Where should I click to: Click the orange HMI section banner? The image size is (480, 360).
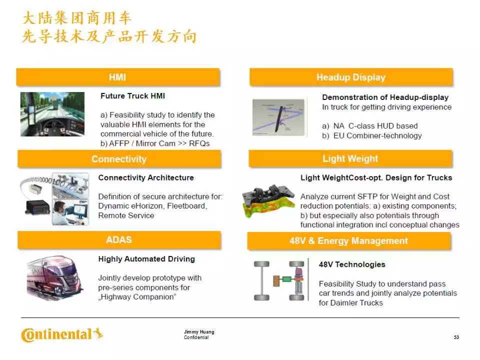click(x=118, y=77)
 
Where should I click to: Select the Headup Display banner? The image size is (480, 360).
click(x=351, y=77)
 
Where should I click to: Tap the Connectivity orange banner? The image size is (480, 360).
click(x=119, y=159)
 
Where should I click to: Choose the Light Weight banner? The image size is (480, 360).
click(x=350, y=158)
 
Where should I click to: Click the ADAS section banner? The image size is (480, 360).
click(x=119, y=239)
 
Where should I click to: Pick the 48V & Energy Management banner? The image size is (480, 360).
click(x=349, y=241)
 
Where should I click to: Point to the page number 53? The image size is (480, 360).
click(x=456, y=337)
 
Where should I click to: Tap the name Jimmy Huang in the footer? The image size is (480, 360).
click(x=199, y=332)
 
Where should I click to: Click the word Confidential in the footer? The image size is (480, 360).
click(x=196, y=337)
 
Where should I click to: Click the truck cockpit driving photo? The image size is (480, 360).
click(x=52, y=114)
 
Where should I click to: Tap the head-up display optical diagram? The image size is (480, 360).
click(x=278, y=117)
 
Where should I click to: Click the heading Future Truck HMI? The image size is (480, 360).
click(x=132, y=96)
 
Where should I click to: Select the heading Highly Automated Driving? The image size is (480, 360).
click(x=146, y=259)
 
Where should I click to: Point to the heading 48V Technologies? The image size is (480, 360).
click(x=352, y=264)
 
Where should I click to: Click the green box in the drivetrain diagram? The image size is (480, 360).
click(x=286, y=279)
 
